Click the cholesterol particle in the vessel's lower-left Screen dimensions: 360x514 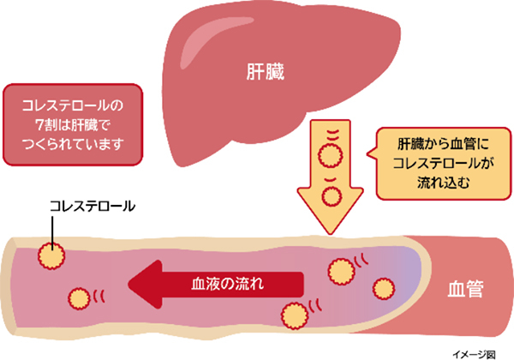(x=78, y=298)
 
